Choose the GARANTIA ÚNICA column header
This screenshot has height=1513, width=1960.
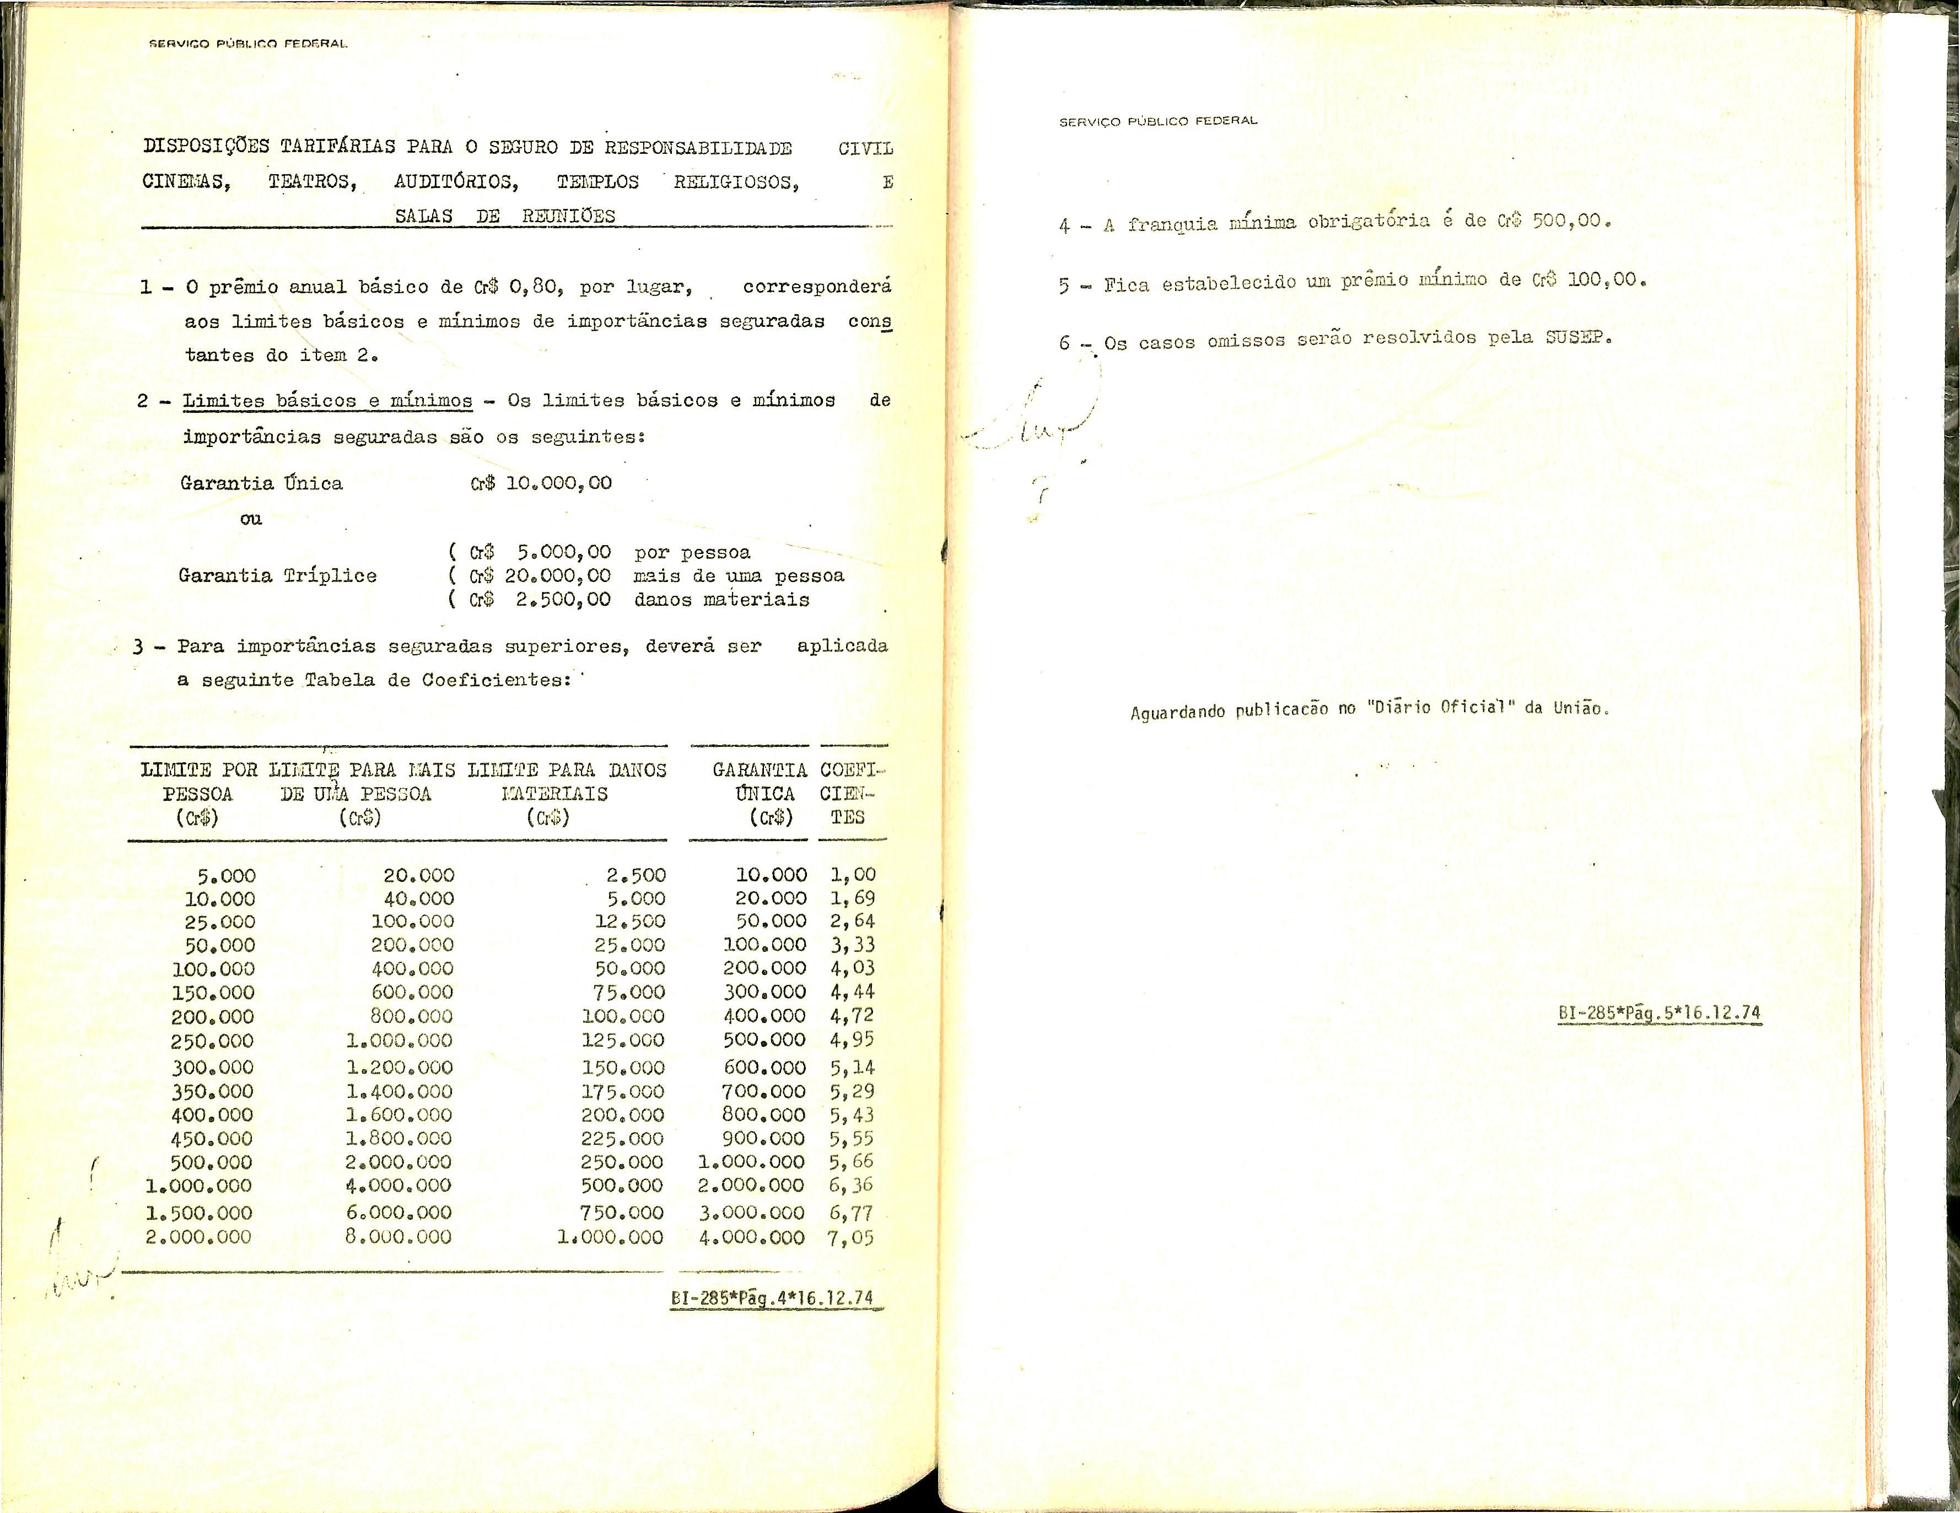pyautogui.click(x=759, y=793)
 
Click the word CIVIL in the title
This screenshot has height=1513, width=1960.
pyautogui.click(x=865, y=148)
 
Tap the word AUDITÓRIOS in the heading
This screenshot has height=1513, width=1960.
pyautogui.click(x=456, y=182)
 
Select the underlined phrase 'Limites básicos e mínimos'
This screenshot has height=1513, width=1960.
pyautogui.click(x=327, y=401)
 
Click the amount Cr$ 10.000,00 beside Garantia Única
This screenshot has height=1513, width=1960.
pyautogui.click(x=541, y=483)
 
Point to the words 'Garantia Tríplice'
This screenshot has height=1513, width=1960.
pyautogui.click(x=277, y=575)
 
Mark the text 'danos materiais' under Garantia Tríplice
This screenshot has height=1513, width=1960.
pyautogui.click(x=721, y=600)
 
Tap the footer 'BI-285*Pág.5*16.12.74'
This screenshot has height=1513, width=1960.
pyautogui.click(x=1659, y=1013)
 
